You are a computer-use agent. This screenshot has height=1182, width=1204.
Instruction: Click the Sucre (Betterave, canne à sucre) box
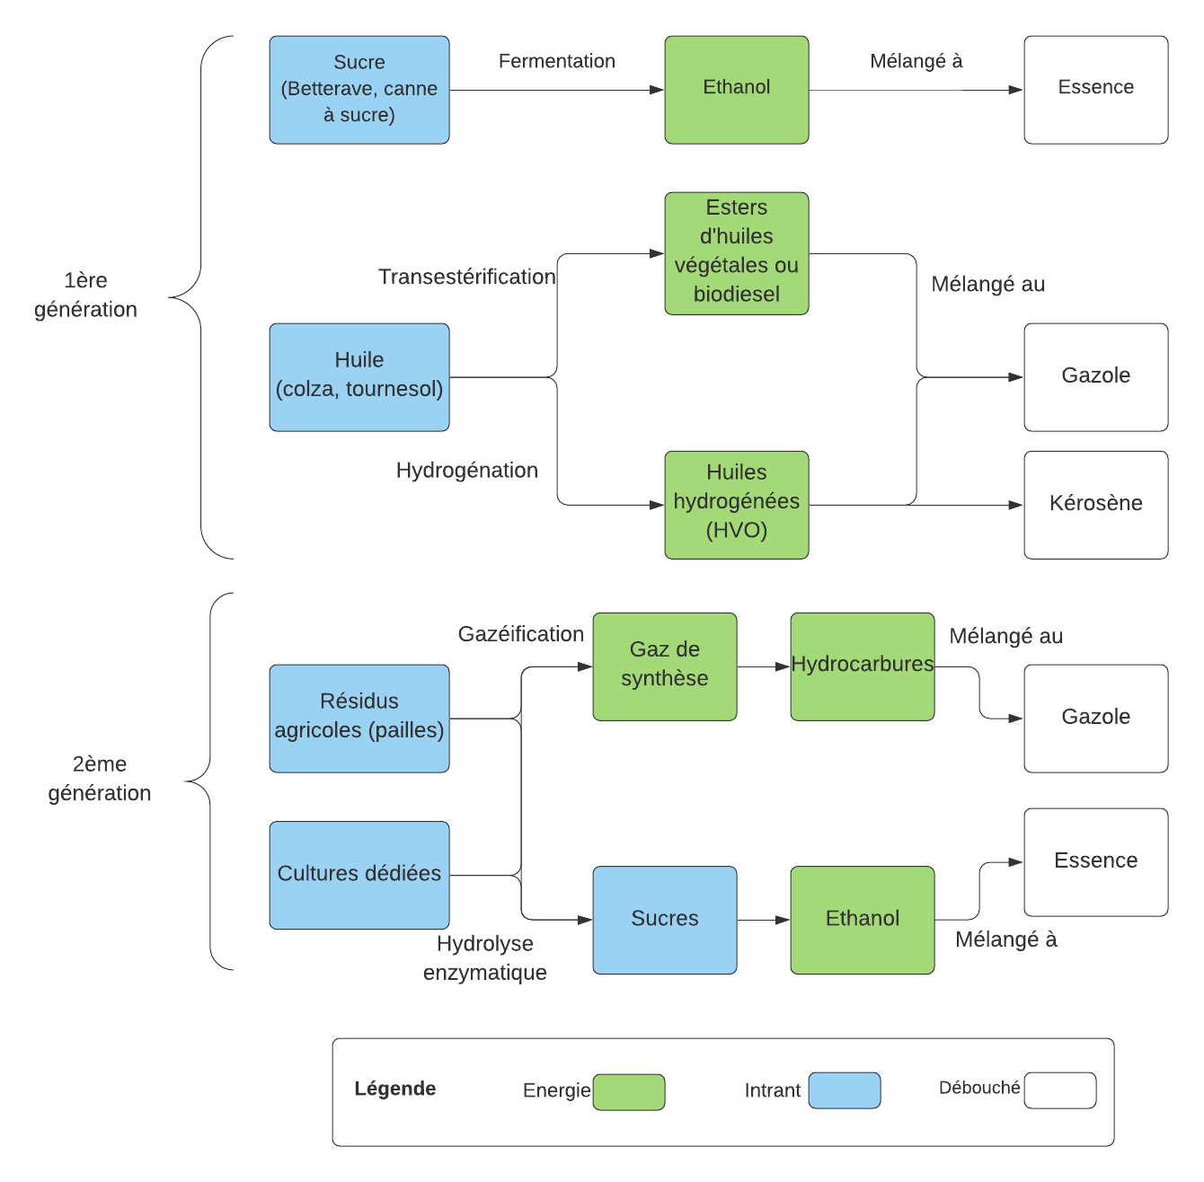(359, 90)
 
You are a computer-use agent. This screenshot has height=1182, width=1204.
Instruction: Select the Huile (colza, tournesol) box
(359, 377)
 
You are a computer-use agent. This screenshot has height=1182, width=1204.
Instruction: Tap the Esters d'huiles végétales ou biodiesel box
(737, 253)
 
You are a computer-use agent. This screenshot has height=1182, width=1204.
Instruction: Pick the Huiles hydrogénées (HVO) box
(737, 505)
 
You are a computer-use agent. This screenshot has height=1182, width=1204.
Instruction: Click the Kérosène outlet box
(1096, 505)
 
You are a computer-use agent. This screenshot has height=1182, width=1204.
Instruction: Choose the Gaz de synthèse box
(665, 666)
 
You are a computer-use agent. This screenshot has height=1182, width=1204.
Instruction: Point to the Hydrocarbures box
(863, 666)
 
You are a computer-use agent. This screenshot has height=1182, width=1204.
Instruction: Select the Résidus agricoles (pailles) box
(359, 719)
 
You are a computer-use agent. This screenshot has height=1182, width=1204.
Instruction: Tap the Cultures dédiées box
(359, 875)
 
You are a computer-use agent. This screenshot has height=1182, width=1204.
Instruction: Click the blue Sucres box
(665, 920)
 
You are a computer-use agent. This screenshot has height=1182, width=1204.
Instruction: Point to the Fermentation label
(557, 61)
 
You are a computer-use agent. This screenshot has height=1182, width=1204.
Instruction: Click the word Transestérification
(467, 277)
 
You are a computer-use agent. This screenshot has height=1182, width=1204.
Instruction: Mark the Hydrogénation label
(467, 471)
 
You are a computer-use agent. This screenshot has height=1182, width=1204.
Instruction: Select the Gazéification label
(521, 634)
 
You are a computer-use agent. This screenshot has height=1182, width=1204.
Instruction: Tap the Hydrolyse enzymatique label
(485, 957)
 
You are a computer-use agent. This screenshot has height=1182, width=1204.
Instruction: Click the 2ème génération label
(100, 778)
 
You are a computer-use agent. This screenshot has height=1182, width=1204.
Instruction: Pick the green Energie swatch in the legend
(629, 1091)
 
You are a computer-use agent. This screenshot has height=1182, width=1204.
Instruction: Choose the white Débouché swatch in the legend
(1060, 1090)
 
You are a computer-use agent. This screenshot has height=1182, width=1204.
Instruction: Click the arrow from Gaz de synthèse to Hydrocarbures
(764, 666)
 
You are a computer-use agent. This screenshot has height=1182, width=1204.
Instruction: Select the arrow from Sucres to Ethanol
(764, 920)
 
